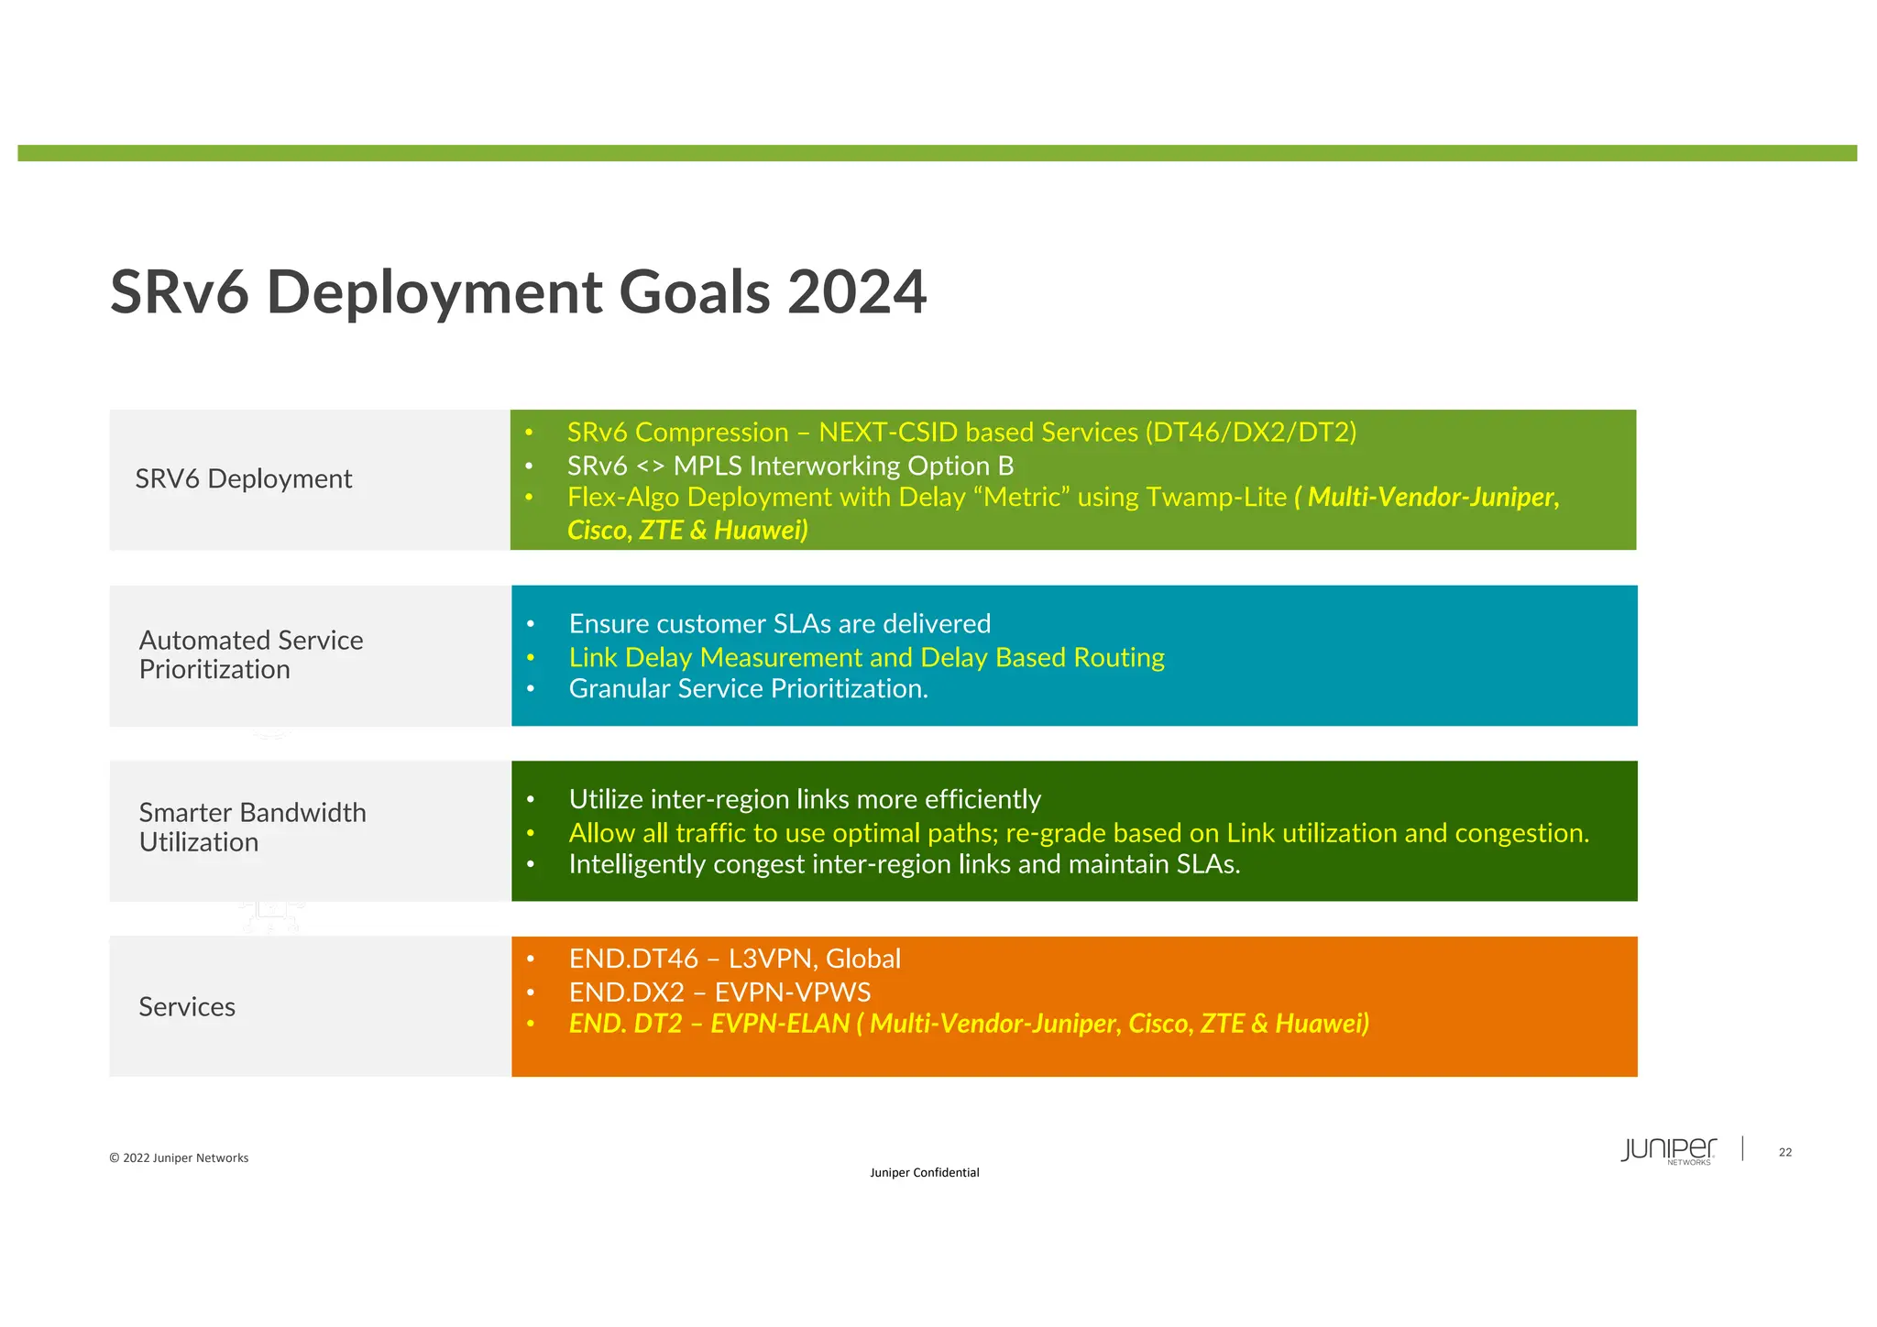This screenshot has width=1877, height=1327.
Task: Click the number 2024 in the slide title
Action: click(x=856, y=293)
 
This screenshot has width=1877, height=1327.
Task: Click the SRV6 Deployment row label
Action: click(x=243, y=479)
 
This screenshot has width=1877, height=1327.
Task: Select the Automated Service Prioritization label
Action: click(x=250, y=654)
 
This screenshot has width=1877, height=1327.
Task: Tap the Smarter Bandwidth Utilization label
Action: click(x=252, y=828)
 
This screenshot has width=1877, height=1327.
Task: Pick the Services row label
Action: click(x=187, y=1007)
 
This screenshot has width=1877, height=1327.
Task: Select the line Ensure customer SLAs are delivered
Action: click(x=779, y=624)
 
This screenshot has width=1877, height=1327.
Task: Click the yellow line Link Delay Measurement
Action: click(x=866, y=658)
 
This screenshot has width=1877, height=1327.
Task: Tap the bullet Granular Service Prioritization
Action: click(x=748, y=689)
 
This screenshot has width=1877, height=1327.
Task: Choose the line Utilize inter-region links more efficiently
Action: click(x=805, y=800)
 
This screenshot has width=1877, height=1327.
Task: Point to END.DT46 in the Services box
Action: click(x=633, y=960)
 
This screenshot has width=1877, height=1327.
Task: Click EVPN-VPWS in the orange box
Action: click(x=793, y=993)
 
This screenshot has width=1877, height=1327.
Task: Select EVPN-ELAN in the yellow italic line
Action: click(x=780, y=1024)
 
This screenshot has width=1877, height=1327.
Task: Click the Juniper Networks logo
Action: click(x=1668, y=1151)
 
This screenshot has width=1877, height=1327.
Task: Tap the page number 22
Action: click(x=1784, y=1153)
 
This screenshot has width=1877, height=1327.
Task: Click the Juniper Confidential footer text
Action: click(x=924, y=1173)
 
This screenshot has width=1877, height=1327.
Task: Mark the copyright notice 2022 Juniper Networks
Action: click(x=179, y=1158)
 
